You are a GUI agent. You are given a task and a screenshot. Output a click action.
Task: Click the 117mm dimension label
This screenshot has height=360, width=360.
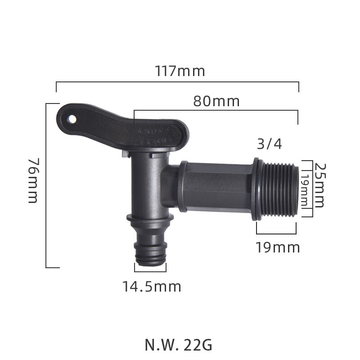click(x=180, y=71)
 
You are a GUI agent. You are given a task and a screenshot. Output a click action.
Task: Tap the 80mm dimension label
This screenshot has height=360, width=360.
click(x=216, y=101)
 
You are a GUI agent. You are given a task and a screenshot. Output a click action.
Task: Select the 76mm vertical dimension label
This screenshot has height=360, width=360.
click(x=33, y=180)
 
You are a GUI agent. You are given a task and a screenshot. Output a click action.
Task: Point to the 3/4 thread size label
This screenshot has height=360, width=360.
click(x=269, y=144)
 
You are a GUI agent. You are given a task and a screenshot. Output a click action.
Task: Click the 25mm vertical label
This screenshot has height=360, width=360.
click(x=319, y=185)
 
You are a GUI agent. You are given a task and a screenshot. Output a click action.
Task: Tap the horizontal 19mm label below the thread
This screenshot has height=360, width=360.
click(x=278, y=247)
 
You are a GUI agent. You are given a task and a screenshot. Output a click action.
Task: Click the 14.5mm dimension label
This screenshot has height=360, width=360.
click(x=152, y=286)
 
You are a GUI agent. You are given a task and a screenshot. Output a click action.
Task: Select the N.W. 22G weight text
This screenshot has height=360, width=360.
click(x=178, y=345)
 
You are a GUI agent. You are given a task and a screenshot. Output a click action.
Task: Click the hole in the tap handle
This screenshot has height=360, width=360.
click(x=71, y=119)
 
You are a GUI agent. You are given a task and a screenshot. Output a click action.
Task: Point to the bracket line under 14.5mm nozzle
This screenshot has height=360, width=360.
click(x=150, y=271)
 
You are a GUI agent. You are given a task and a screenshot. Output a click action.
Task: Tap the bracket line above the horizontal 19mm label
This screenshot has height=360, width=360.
click(x=276, y=234)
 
